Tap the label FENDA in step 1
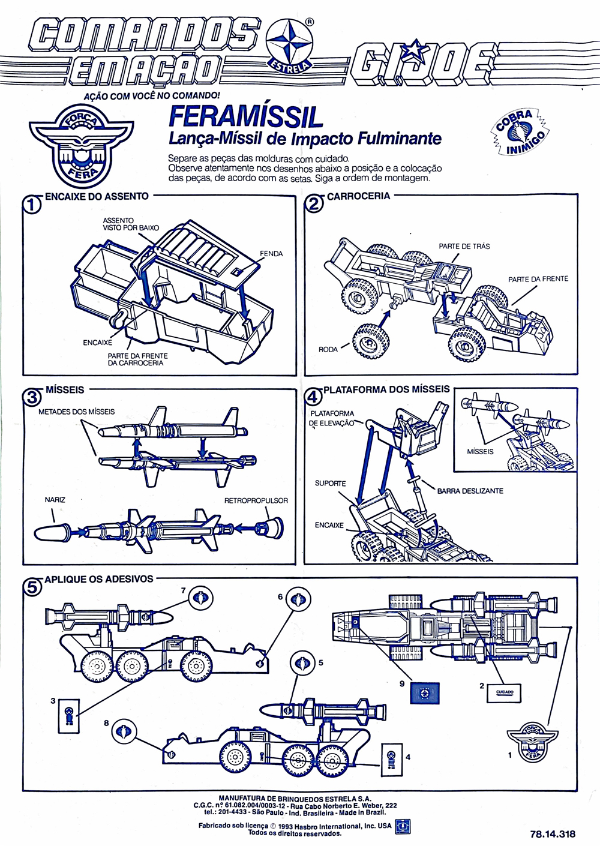271,254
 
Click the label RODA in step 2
328,349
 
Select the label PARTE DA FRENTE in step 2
538,279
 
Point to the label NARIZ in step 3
55,500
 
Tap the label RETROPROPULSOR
256,500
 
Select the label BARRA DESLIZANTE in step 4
470,491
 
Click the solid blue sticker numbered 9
424,692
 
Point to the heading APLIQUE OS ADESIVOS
98,579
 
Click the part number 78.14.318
552,833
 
